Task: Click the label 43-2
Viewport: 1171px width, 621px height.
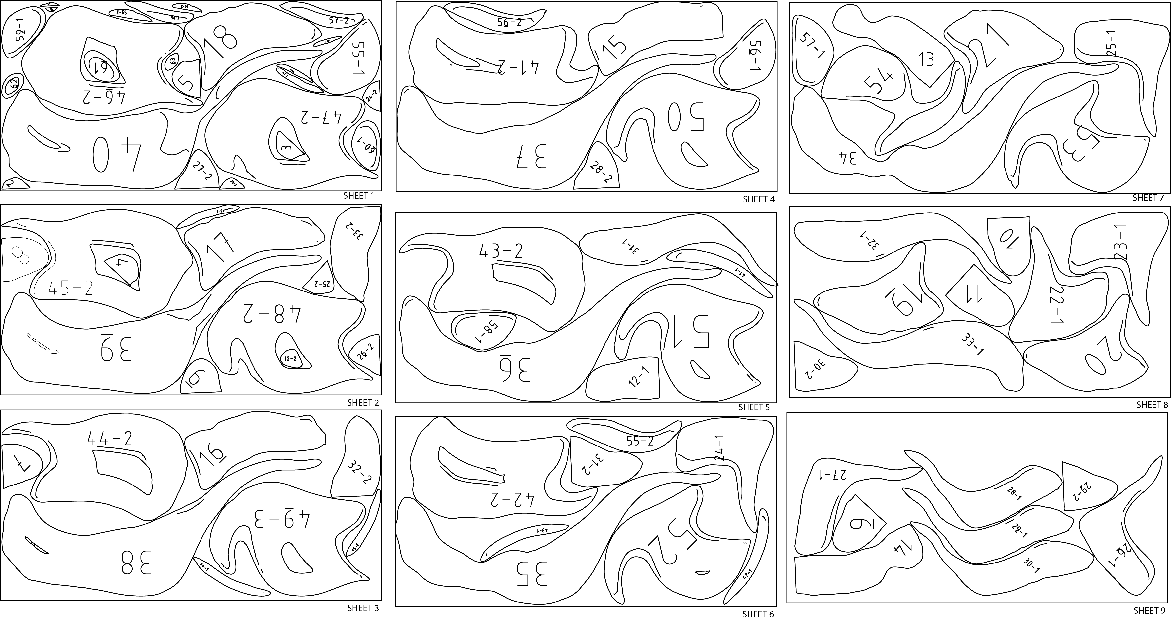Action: [500, 251]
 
